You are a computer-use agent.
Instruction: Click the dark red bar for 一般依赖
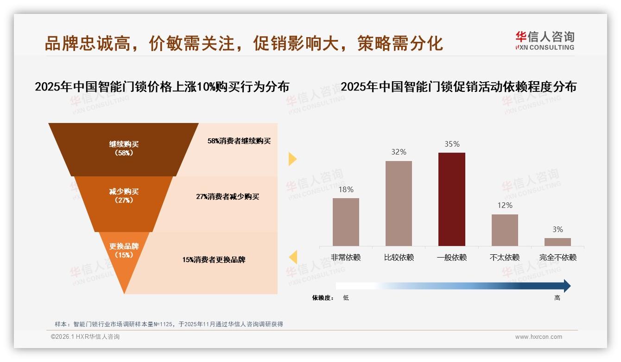[x=451, y=199]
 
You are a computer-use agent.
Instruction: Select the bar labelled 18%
[x=346, y=222]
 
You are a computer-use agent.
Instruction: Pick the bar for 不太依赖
[x=505, y=230]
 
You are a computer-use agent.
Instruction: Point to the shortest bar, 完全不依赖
[x=558, y=242]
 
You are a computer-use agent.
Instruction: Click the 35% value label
[x=452, y=144]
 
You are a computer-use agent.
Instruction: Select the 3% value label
[x=558, y=229]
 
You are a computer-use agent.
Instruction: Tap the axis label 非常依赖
[x=346, y=257]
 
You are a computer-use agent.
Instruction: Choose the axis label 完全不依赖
[x=558, y=257]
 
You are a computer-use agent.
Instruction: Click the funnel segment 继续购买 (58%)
[x=124, y=149]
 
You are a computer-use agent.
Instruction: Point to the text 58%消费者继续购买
[x=239, y=141]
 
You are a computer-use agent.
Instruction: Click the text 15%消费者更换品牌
[x=214, y=259]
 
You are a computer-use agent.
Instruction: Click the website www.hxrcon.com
[x=539, y=337]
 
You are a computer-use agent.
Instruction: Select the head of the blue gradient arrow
[x=566, y=286]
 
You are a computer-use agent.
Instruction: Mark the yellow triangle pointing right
[x=292, y=159]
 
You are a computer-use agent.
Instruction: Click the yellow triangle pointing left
[x=293, y=257]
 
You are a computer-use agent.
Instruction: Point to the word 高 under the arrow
[x=557, y=298]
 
